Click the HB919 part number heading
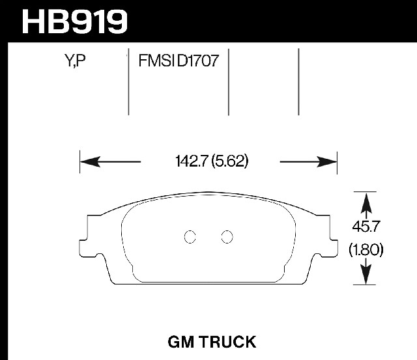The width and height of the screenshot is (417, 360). pos(75,21)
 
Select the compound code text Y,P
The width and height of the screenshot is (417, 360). pos(75,61)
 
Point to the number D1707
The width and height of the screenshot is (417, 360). pos(197,61)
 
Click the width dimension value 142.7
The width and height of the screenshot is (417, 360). pos(191,161)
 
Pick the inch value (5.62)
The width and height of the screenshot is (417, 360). pos(230,161)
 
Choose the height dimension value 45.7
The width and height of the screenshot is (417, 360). pos(365,227)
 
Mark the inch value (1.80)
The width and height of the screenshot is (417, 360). pos(366,250)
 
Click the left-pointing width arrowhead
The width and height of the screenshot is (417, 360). pos(90,161)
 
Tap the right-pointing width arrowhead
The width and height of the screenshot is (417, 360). pos(327,162)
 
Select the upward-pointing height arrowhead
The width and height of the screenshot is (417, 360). pos(366,202)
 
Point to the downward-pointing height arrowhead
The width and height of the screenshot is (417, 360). pos(366,274)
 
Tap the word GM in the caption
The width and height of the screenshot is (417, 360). pos(180,342)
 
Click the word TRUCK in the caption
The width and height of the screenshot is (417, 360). pos(228,342)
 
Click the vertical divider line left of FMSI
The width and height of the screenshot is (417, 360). pos(129,82)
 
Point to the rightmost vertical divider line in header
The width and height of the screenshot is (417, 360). pos(298,82)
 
